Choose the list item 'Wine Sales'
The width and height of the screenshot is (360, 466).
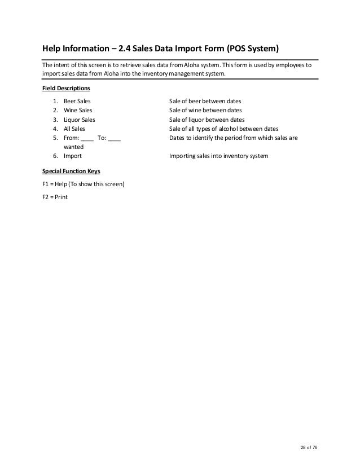point(78,110)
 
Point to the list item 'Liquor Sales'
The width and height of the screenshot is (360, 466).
point(80,120)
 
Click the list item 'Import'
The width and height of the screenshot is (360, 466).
point(73,156)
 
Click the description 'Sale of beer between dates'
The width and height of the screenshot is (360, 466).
point(205,101)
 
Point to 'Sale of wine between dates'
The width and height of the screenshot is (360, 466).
point(205,110)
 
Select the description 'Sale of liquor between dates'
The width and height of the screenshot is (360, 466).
point(207,120)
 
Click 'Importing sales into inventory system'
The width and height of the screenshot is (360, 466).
point(219,156)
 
